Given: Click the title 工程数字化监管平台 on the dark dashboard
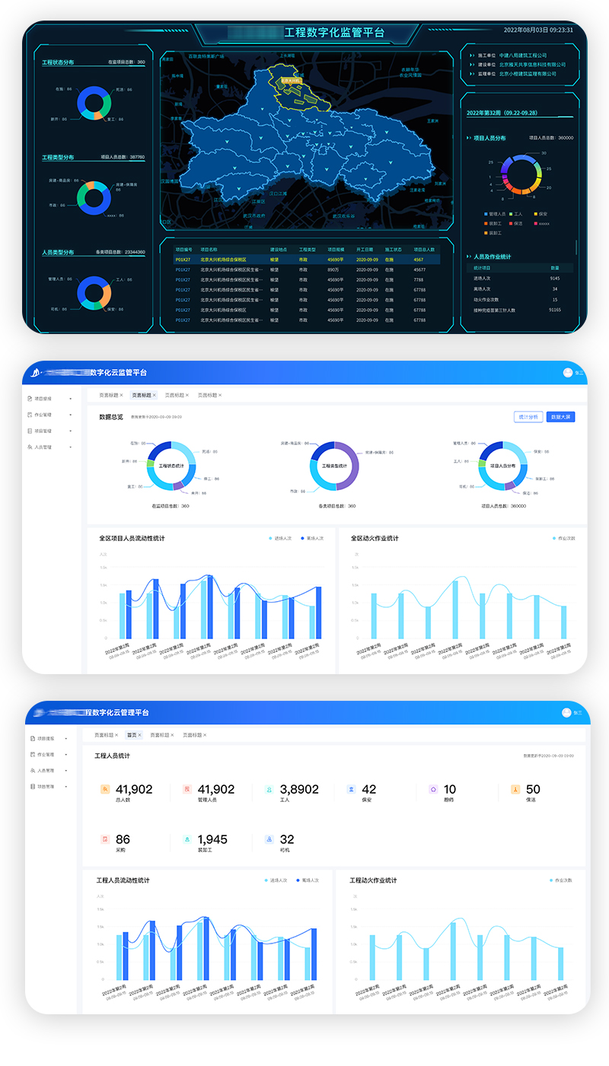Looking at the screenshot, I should pos(334,33).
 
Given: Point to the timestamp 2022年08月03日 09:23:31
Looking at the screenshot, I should pos(538,30).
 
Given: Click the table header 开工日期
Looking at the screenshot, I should pos(367,250).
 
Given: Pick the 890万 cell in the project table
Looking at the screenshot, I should pos(333,269).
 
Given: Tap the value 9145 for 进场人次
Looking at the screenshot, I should pos(555,278).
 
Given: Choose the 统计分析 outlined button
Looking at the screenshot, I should pos(528,417).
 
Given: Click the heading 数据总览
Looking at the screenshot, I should pos(111,417).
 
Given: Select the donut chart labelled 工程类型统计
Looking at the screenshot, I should pos(333,465).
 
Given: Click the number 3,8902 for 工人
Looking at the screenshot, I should pos(299,790).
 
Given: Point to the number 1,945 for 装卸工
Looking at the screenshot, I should pos(212,839).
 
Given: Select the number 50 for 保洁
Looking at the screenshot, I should pos(533,790).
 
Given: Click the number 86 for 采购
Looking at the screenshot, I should pos(123,839).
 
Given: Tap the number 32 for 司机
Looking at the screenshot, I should pos(287,839).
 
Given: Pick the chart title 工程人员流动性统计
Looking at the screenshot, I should pos(123,880).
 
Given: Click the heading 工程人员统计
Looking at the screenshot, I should pos(112,756).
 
